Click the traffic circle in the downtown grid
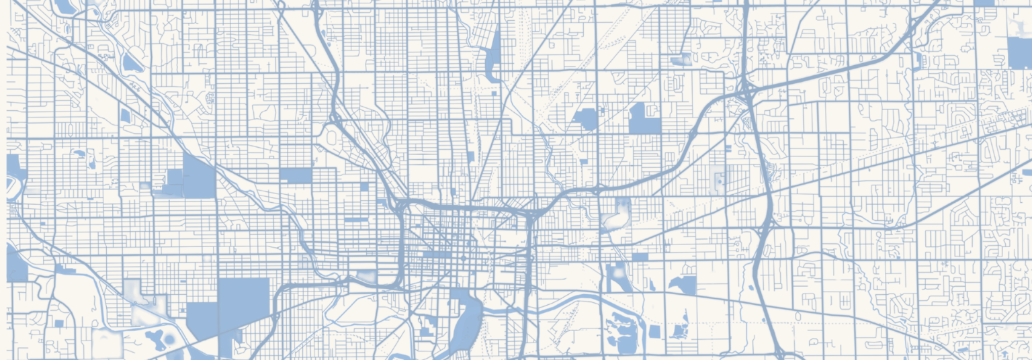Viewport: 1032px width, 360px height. [462, 259]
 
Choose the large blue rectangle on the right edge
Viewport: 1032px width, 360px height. [1019, 52]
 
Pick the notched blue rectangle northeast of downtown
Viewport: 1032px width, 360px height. [644, 119]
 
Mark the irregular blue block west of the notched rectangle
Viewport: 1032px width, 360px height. [586, 119]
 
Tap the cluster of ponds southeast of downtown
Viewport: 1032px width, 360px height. [621, 332]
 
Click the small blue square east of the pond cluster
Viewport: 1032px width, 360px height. [654, 332]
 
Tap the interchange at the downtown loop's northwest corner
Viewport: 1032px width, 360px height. [401, 205]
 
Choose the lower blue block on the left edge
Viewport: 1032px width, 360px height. [16, 264]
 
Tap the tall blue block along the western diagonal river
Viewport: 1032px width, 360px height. [198, 177]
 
